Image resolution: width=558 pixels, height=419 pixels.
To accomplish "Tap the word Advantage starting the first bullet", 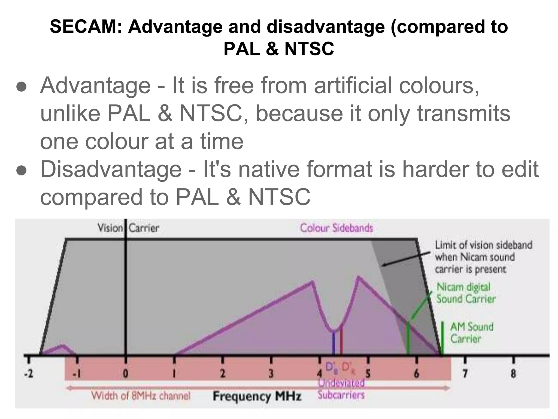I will point(95,86).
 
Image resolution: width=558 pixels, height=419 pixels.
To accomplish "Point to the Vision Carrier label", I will point(128,228).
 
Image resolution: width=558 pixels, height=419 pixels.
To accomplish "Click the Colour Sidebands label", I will point(336,228).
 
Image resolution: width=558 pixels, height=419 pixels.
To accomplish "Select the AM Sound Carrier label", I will point(471,333).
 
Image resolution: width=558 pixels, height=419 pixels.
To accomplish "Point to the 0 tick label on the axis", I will point(125,373).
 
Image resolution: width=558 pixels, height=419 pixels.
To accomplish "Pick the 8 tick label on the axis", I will point(513,373).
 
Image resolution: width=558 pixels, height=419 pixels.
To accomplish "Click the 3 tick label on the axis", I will point(271,373).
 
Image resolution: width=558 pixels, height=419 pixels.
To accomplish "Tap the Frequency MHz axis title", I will point(257,396).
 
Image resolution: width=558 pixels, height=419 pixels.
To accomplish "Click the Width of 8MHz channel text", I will point(141,396).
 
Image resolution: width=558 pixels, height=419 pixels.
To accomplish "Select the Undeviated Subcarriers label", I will point(341,389).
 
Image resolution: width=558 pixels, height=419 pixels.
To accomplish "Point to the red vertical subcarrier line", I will point(341,341).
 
